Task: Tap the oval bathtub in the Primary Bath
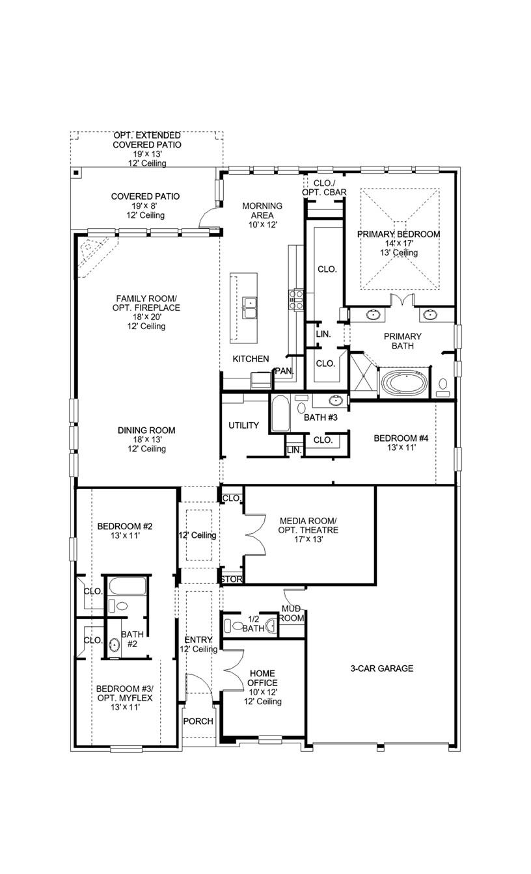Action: pyautogui.click(x=405, y=382)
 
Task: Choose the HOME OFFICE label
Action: pyautogui.click(x=262, y=678)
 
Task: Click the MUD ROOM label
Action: pyautogui.click(x=292, y=613)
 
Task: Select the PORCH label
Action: pyautogui.click(x=198, y=721)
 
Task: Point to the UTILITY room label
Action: pyautogui.click(x=244, y=425)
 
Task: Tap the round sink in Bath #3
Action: pyautogui.click(x=336, y=401)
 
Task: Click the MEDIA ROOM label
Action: pyautogui.click(x=308, y=521)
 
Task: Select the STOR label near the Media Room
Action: pyautogui.click(x=232, y=579)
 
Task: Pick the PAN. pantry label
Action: pyautogui.click(x=284, y=371)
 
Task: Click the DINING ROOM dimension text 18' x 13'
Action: pyautogui.click(x=146, y=440)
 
